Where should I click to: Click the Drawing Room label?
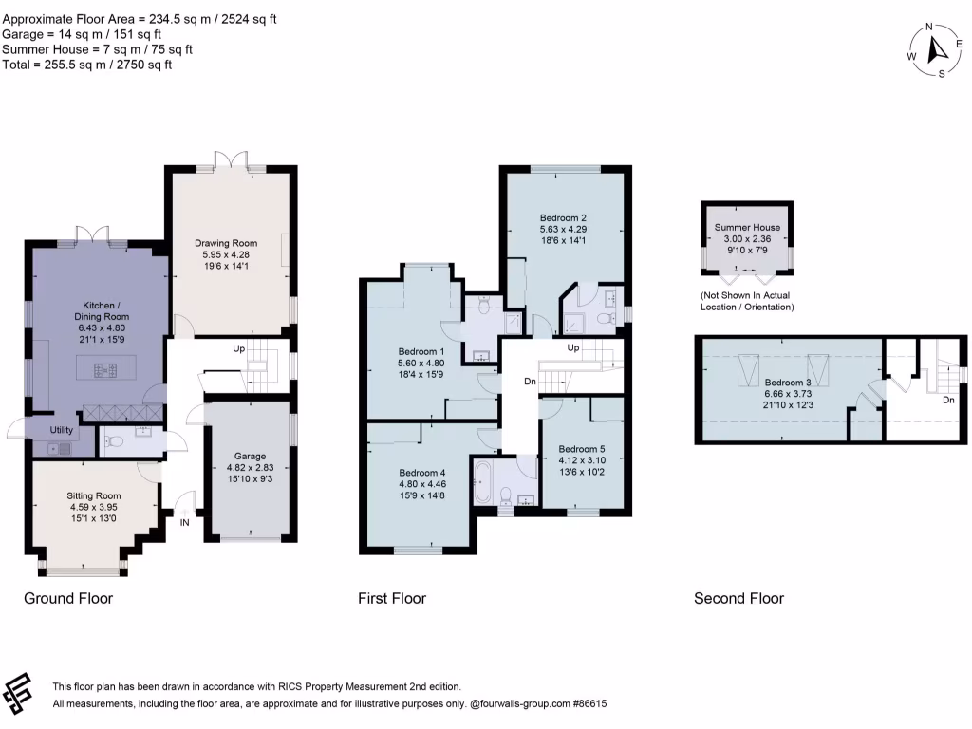226,244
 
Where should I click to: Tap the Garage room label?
250,457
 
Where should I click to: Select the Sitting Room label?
94,495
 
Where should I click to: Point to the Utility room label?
62,430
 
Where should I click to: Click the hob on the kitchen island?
105,371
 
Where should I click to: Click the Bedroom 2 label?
563,218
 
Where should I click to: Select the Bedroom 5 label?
582,449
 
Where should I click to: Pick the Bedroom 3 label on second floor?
787,383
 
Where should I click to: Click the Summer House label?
747,228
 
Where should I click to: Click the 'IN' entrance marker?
185,523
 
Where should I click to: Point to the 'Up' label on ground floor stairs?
238,349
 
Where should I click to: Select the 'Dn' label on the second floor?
948,400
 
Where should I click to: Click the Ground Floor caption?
68,598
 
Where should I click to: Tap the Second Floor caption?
738,598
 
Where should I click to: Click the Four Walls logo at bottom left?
17,693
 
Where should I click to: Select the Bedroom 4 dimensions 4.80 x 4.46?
422,484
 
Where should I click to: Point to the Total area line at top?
86,65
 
